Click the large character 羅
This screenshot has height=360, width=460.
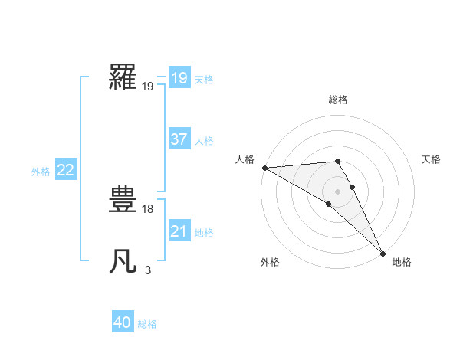123,77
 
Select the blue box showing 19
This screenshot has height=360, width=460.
179,78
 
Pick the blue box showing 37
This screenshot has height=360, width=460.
179,139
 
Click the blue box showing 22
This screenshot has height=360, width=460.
65,170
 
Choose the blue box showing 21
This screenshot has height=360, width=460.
179,231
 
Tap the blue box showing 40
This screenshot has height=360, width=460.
123,322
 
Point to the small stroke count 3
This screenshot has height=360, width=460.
148,270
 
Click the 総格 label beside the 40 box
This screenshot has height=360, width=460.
147,324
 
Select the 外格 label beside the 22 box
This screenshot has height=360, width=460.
41,172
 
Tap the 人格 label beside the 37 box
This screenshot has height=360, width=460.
204,141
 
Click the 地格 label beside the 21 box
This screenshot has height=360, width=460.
204,233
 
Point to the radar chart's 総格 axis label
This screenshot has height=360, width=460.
338,100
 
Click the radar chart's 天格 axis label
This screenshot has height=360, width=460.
431,159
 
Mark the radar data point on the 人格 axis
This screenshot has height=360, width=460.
264,167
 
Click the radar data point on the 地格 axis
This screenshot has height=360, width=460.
383,253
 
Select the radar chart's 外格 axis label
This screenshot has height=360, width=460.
270,263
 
